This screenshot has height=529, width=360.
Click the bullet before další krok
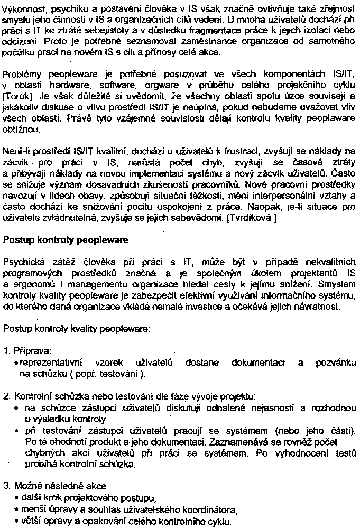point(18,498)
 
